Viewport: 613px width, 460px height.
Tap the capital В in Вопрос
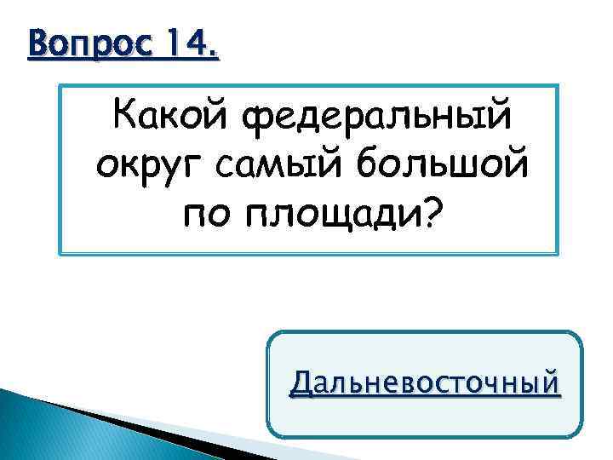pyautogui.click(x=37, y=41)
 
